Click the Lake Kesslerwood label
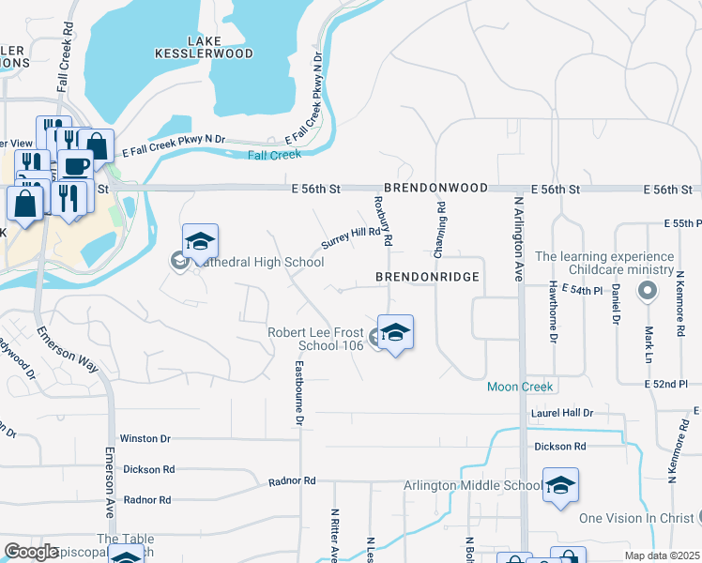pos(220,47)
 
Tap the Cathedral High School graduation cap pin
pos(200,243)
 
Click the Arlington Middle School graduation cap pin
pos(560,485)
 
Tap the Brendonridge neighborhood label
pos(427,278)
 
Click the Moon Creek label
pos(521,387)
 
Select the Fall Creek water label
pos(274,154)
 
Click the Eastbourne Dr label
pos(299,394)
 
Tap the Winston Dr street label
pos(145,438)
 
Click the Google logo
pos(31,552)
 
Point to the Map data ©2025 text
pos(662,555)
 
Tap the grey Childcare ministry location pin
pos(647,292)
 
